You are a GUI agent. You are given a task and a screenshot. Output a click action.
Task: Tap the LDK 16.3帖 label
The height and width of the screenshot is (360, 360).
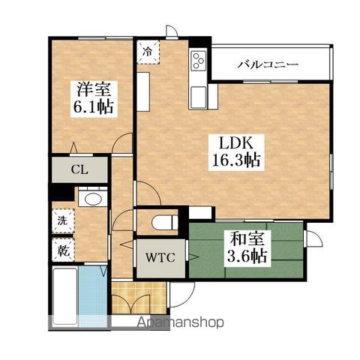(235, 152)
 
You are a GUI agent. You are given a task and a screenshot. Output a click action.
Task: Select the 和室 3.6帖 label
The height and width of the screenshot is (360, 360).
(247, 247)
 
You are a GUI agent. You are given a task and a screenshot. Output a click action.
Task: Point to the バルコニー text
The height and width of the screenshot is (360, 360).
(268, 64)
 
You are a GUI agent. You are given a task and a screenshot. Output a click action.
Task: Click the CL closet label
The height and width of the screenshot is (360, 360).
(79, 169)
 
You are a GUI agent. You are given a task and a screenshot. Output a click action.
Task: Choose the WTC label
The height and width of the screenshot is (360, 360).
(160, 257)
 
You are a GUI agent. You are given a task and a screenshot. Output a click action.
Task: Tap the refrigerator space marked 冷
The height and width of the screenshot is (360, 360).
(148, 52)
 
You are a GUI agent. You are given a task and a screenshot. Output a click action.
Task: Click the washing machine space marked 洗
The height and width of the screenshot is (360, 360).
(63, 220)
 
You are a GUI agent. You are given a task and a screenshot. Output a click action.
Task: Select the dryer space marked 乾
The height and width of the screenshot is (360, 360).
(63, 250)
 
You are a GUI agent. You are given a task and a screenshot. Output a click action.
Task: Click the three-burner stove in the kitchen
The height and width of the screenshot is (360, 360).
(199, 60)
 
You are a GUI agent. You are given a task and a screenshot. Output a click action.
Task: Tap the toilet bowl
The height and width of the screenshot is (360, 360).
(164, 222)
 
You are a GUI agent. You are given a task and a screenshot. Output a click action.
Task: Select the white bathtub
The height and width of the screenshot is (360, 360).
(65, 295)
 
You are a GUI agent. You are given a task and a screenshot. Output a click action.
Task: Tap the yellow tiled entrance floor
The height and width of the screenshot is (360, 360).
(139, 298)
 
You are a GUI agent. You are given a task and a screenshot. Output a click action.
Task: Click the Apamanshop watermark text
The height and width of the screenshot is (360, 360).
(181, 322)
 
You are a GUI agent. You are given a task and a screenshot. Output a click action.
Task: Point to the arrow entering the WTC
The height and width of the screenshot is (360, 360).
(192, 256)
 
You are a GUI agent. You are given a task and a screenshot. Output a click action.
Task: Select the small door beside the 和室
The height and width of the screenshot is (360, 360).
(313, 238)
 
